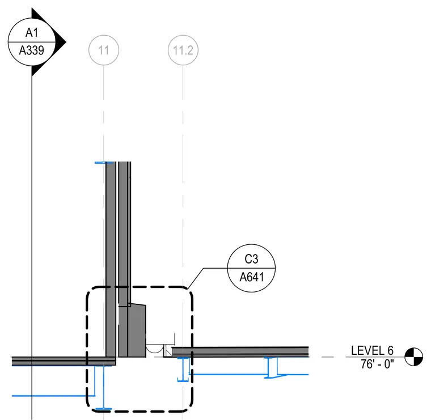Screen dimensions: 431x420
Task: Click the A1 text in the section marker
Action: click(32, 33)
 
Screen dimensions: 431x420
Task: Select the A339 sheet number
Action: click(31, 50)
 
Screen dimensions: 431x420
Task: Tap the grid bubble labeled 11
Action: click(104, 50)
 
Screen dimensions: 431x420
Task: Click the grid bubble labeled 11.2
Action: click(183, 50)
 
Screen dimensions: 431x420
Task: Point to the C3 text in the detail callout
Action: click(251, 259)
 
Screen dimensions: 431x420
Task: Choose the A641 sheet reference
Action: click(251, 277)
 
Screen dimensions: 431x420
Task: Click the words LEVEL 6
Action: click(372, 350)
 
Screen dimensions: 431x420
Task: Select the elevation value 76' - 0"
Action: click(377, 364)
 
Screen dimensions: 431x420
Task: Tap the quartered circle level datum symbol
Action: click(413, 357)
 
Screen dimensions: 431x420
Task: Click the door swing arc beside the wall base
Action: click(154, 349)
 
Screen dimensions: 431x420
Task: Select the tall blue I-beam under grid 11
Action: click(104, 387)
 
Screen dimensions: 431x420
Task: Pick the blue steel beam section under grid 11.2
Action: click(183, 369)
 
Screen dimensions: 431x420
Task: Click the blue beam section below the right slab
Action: click(271, 367)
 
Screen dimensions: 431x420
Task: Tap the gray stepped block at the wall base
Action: click(132, 330)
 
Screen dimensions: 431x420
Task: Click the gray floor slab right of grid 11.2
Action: click(240, 351)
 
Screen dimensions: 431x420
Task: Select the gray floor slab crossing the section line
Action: click(64, 361)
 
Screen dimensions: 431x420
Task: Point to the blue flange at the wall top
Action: click(104, 163)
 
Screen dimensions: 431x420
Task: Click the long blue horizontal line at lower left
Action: click(53, 396)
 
